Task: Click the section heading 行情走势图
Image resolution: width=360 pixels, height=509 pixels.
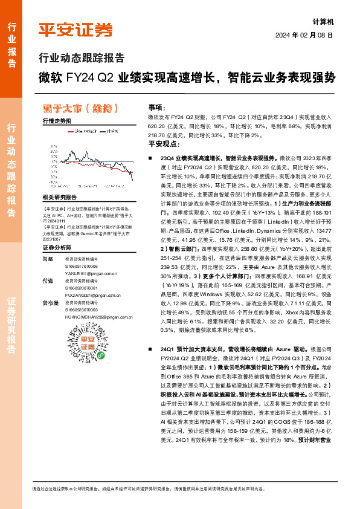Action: tap(56, 121)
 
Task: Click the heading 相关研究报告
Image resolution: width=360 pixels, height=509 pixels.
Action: tap(60, 198)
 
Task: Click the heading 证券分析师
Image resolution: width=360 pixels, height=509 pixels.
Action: tap(57, 248)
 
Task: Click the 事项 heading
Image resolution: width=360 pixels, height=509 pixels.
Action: tap(156, 106)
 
